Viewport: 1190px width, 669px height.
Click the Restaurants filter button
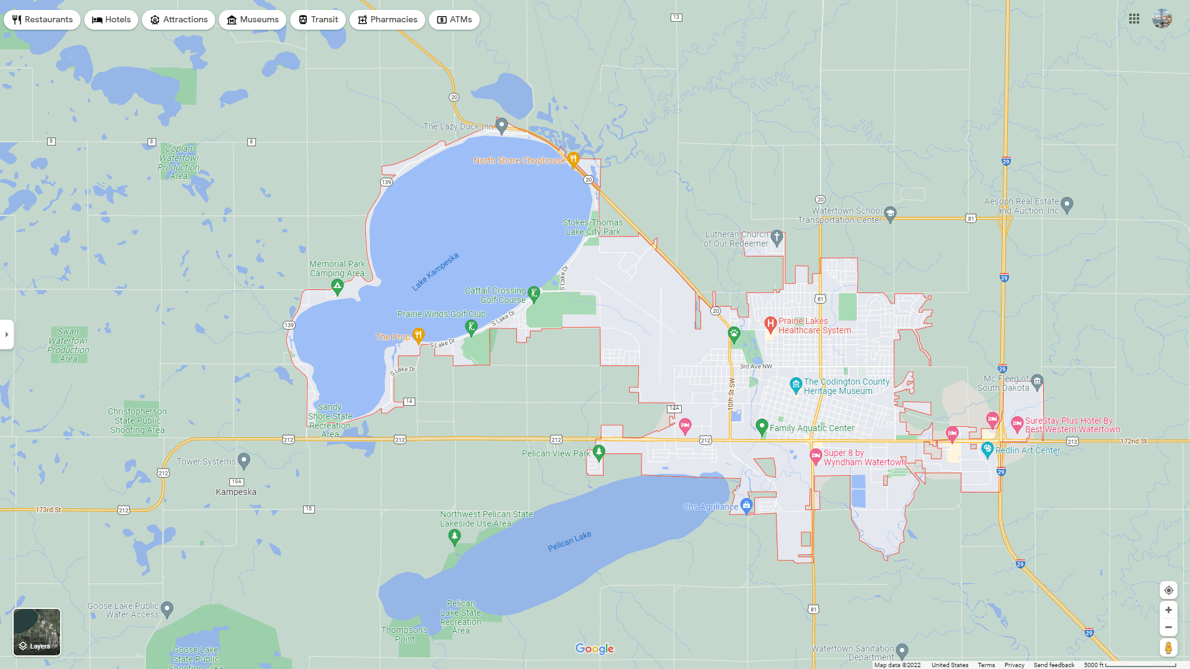tap(42, 20)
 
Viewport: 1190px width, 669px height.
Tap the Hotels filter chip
tap(112, 20)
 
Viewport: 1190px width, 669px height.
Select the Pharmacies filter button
tap(387, 20)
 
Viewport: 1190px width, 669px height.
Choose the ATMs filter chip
tap(454, 20)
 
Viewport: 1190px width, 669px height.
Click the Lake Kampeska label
tap(435, 271)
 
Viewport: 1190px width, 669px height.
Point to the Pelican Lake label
tap(569, 541)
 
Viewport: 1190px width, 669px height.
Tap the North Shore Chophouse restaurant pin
tap(573, 159)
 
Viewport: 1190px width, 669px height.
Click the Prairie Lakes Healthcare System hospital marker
tap(770, 323)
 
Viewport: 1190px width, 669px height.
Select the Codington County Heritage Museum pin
tap(796, 385)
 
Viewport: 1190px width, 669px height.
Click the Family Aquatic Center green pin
tap(762, 426)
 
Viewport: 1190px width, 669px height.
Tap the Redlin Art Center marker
tap(987, 450)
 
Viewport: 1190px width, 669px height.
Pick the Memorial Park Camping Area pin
tap(337, 286)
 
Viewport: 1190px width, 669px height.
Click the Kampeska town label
tap(236, 492)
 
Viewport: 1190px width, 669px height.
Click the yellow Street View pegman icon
tap(1168, 647)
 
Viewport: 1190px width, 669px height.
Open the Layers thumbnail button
tap(37, 632)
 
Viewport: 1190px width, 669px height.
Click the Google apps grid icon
tap(1134, 19)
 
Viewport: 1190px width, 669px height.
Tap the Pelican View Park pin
tap(599, 452)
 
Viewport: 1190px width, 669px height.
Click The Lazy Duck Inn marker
tap(502, 126)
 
